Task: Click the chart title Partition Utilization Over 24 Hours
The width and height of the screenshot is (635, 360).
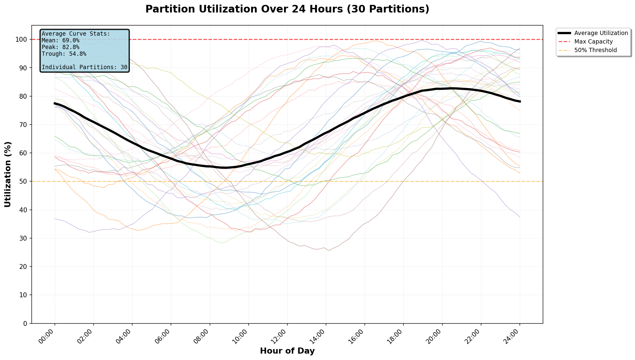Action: tap(287, 9)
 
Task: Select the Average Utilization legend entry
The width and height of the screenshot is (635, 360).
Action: tap(601, 33)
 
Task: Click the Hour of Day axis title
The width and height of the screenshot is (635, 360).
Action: tap(287, 351)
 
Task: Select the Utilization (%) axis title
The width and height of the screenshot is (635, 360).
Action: tap(8, 174)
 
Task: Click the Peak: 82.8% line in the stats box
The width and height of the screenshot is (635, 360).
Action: tap(60, 47)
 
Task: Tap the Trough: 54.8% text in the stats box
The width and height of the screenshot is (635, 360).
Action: tap(64, 54)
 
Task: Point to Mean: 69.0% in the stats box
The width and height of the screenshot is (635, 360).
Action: tap(60, 41)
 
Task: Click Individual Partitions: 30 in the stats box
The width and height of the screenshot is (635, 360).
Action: tap(84, 67)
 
